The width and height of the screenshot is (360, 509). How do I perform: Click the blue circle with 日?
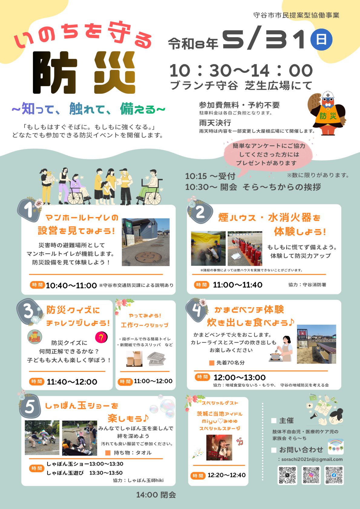click(321, 39)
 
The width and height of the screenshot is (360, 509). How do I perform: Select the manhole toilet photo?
click(146, 242)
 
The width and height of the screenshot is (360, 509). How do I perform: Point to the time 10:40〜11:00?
click(71, 285)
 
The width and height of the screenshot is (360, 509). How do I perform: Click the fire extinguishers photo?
click(245, 248)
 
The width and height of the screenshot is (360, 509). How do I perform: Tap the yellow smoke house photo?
click(208, 248)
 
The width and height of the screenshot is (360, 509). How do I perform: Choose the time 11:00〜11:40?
click(237, 285)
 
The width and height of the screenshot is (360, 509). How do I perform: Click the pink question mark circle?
click(101, 337)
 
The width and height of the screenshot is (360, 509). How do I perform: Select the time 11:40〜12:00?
click(72, 382)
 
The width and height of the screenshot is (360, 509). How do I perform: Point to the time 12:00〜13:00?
click(240, 378)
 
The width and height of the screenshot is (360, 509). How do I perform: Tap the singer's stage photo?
click(219, 447)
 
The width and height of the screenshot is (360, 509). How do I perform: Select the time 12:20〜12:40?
click(226, 475)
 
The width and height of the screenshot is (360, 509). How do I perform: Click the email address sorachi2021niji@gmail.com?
click(312, 459)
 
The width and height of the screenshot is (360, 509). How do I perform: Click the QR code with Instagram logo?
click(311, 475)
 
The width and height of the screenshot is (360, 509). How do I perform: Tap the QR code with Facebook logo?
click(334, 475)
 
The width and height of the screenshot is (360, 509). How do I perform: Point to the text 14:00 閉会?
click(156, 495)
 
